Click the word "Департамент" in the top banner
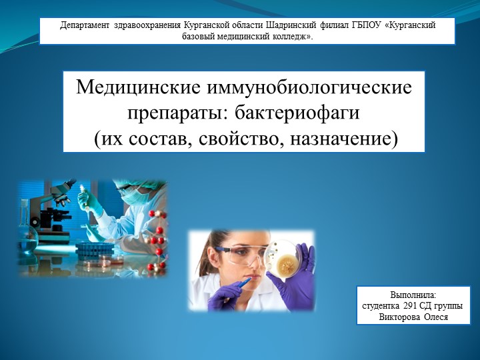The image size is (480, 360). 85,25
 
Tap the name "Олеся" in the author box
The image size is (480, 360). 436,317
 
